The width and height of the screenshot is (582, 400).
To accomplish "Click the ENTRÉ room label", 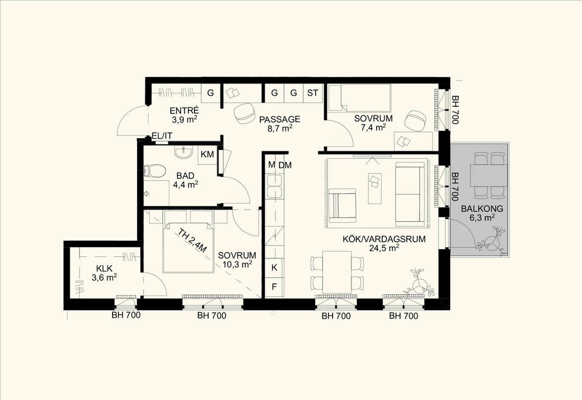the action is point(184,110).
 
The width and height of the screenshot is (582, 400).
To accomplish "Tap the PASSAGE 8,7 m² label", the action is point(280,124).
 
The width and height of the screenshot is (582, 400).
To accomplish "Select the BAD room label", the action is point(185,176).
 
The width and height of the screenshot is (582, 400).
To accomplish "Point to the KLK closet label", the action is point(104,268).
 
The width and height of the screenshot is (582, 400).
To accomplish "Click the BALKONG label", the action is point(482,209).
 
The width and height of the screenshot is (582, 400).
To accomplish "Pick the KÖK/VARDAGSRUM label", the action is point(384,239).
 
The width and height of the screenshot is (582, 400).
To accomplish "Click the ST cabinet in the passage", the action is point(313,93).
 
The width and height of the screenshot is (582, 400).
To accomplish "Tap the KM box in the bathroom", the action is point(207,155).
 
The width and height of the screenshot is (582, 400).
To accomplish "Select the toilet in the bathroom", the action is point(155,171).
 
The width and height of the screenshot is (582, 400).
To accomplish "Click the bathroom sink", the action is point(184,152).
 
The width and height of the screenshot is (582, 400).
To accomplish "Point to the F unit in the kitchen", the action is point(274,287).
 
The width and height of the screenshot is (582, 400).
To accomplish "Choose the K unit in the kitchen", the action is point(274,268).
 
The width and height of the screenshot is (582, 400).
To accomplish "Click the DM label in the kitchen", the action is point(285,165).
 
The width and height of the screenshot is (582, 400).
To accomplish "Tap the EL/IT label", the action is point(162,136).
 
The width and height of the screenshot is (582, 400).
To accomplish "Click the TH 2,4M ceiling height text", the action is point(193,241).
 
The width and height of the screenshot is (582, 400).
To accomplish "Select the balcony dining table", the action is point(489,175).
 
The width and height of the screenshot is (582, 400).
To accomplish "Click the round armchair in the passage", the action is point(244,113).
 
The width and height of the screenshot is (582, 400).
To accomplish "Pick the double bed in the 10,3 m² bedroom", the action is point(188,247).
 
